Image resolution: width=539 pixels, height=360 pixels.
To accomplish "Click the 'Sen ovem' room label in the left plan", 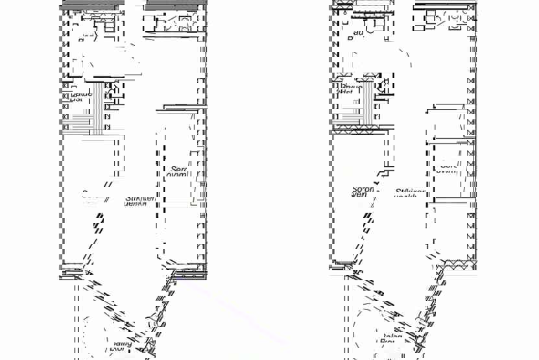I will [178, 171].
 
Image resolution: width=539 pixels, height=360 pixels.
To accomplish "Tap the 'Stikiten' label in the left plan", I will [139, 200].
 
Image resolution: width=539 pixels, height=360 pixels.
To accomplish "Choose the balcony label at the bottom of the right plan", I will [390, 339].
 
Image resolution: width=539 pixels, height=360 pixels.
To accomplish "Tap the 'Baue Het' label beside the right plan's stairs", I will [350, 89].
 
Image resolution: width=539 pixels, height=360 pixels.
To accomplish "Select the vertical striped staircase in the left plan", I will [99, 108].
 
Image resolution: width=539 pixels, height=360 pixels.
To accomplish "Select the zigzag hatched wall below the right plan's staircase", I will [360, 130].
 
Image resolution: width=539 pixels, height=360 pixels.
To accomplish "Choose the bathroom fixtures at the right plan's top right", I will [448, 19].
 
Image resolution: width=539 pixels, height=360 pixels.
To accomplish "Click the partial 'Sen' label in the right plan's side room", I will [448, 167].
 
